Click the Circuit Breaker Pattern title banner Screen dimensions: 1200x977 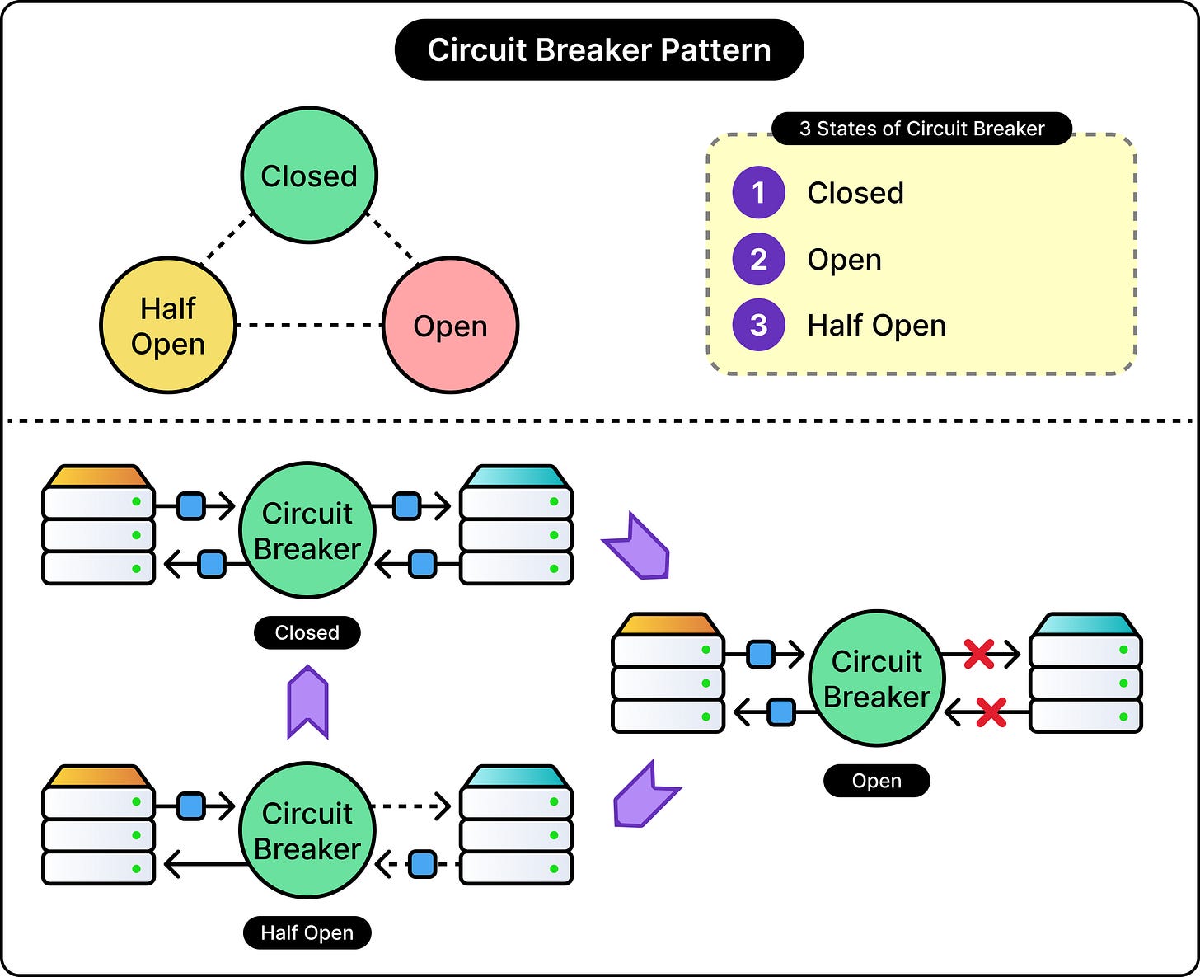[x=599, y=49]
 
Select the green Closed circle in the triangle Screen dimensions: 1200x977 [x=309, y=176]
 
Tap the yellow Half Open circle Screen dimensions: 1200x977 [x=168, y=325]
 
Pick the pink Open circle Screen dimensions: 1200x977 [x=450, y=325]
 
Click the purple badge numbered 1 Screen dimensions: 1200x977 [x=758, y=192]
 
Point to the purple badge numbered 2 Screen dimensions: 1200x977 [x=758, y=259]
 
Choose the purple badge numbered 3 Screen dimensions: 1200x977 [x=758, y=325]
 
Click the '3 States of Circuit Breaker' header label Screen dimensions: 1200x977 [x=921, y=129]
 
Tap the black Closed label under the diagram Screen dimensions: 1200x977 [x=307, y=632]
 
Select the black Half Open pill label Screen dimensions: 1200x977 [x=307, y=932]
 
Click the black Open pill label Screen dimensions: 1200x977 [x=877, y=780]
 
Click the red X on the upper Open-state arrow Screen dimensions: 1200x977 [x=979, y=654]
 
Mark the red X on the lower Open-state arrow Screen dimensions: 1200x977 [x=991, y=712]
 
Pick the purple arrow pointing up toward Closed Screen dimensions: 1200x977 [x=307, y=702]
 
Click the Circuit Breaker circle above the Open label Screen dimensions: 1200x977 [x=877, y=678]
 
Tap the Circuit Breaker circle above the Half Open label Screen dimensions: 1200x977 [x=307, y=830]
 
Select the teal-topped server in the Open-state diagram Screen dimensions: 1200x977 [x=1085, y=673]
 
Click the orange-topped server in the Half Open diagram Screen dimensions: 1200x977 [x=99, y=824]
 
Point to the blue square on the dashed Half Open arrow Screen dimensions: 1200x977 [x=423, y=864]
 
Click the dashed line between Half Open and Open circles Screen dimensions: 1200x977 [x=309, y=325]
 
